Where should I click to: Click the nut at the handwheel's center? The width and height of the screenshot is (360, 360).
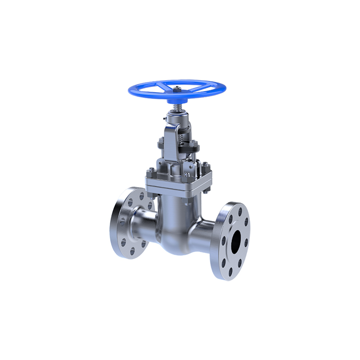tap(178, 88)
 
